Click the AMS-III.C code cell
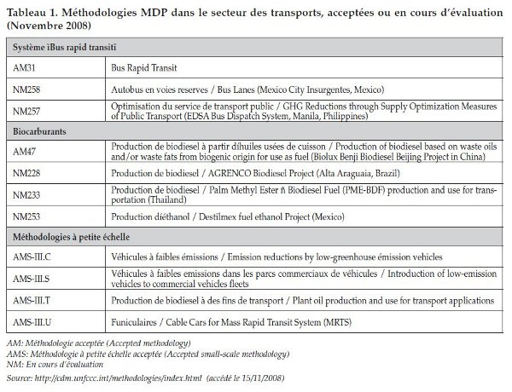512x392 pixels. click(x=32, y=257)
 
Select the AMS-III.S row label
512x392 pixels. click(x=32, y=277)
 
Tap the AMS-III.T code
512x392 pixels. click(x=32, y=301)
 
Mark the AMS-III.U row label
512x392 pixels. click(x=32, y=321)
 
